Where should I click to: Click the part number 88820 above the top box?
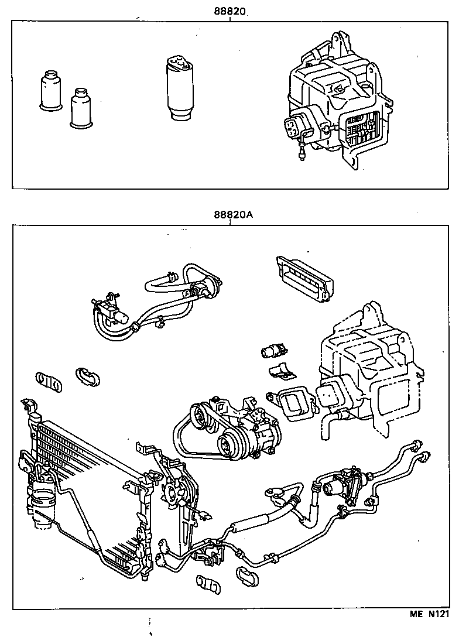(x=229, y=11)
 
